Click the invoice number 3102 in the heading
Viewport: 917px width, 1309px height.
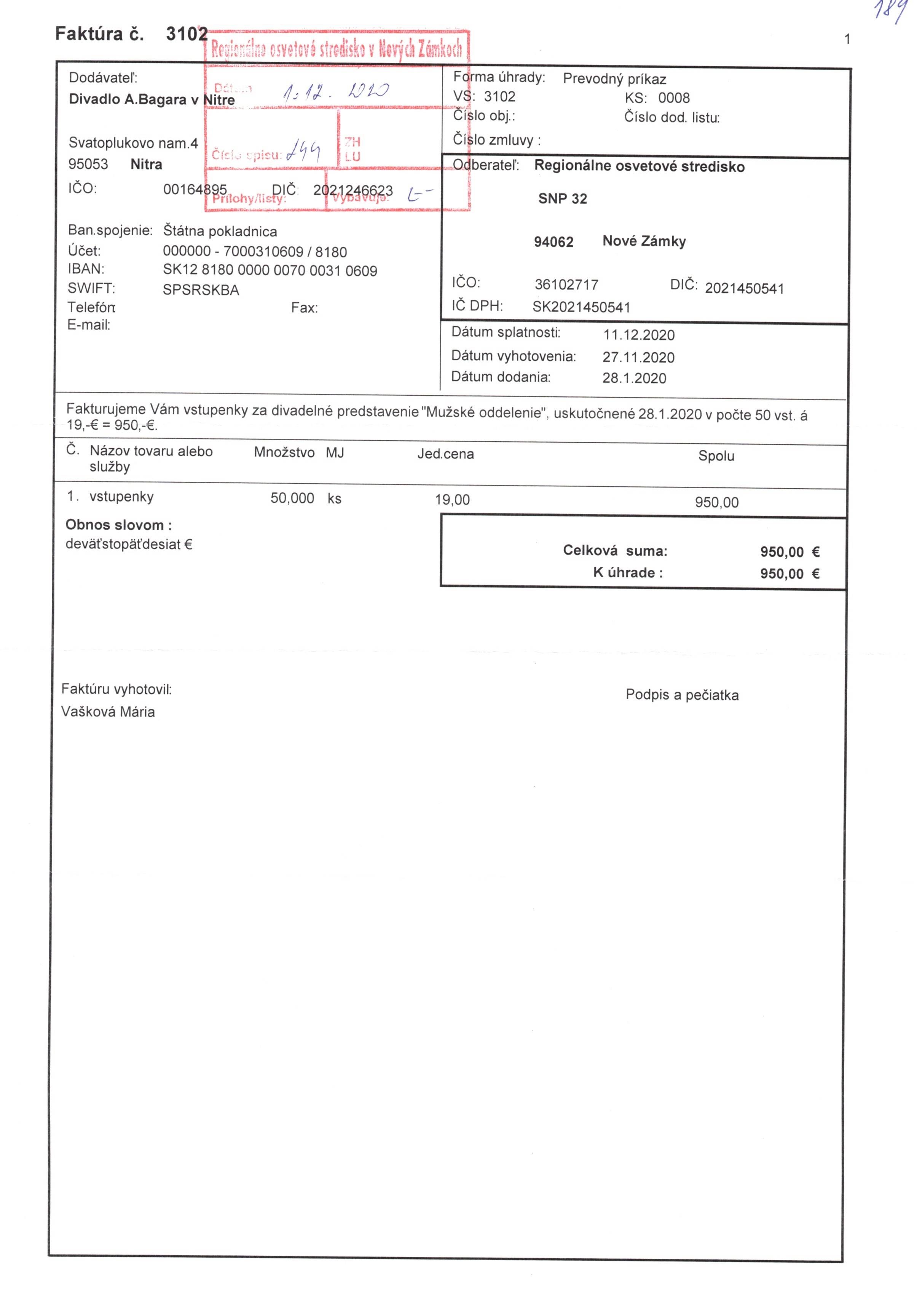[x=187, y=34]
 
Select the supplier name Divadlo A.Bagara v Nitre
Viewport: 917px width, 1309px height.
[x=152, y=100]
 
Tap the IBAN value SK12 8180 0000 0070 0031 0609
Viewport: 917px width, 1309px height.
[x=270, y=271]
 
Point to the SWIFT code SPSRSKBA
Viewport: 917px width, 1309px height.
[x=201, y=290]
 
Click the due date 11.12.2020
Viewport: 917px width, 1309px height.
[x=638, y=335]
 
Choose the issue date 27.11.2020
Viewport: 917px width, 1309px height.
[x=638, y=358]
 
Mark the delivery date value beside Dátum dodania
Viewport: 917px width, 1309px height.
[x=634, y=378]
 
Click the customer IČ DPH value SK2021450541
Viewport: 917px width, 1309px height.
[x=581, y=307]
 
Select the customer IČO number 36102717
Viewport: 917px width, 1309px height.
[x=566, y=284]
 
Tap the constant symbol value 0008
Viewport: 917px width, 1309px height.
[x=674, y=98]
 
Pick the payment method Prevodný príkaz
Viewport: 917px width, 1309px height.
[x=614, y=79]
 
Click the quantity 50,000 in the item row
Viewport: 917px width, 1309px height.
[x=292, y=498]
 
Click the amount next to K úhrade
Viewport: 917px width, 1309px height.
[x=789, y=574]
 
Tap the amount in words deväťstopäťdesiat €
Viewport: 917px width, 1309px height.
[x=129, y=545]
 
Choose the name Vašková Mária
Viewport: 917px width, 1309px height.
[x=108, y=712]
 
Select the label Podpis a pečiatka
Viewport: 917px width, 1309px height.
[x=682, y=695]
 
